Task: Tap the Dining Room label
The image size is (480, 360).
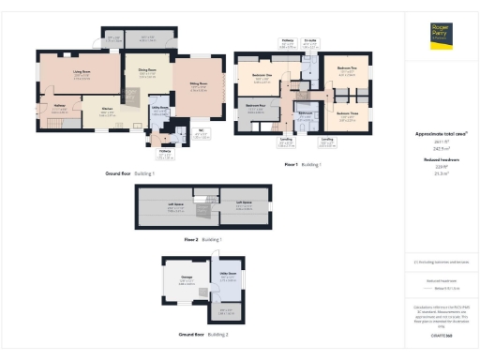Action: pyautogui.click(x=147, y=69)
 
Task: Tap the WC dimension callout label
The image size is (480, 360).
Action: pyautogui.click(x=201, y=132)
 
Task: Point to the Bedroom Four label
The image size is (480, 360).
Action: pyautogui.click(x=255, y=106)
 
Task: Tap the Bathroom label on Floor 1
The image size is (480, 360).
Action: pyautogui.click(x=305, y=113)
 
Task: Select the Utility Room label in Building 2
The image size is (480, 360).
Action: pyautogui.click(x=227, y=274)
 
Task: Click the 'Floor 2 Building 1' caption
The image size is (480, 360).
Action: pyautogui.click(x=202, y=240)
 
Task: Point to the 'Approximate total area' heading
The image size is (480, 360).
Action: pyautogui.click(x=441, y=134)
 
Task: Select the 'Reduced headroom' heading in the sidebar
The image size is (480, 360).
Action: pyautogui.click(x=441, y=160)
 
